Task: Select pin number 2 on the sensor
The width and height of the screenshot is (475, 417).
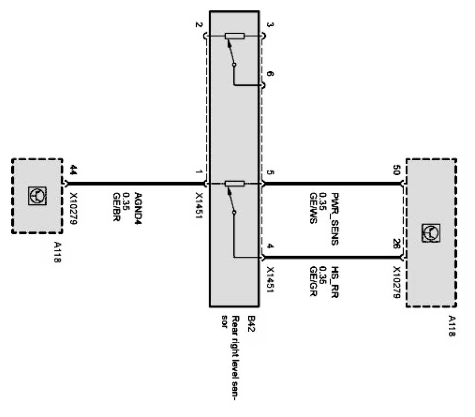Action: click(x=199, y=25)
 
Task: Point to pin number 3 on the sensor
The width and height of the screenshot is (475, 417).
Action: click(x=270, y=25)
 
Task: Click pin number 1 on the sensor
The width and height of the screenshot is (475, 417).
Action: click(x=199, y=173)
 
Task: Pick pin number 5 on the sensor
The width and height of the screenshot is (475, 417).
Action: click(x=270, y=173)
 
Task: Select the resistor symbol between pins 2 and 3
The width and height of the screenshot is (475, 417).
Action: click(x=235, y=36)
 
